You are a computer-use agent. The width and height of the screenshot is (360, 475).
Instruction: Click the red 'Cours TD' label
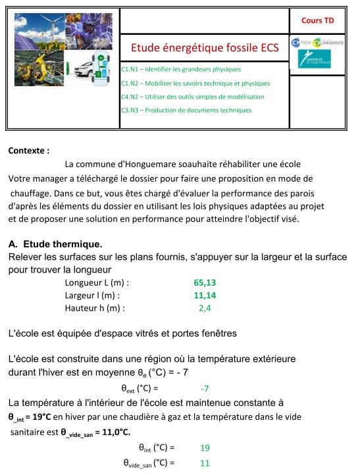317,20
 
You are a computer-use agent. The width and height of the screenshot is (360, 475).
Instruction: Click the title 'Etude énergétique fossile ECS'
205,48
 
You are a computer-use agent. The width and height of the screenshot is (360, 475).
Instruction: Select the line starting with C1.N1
181,69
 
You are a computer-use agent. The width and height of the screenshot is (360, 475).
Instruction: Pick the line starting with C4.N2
192,97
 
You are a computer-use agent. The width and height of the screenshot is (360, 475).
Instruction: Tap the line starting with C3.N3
186,111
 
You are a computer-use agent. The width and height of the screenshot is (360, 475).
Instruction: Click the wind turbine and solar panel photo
39,32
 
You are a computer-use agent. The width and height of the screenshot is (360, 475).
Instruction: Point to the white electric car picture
88,68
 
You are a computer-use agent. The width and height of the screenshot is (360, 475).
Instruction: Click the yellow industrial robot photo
39,68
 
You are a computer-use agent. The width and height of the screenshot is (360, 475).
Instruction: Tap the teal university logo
314,59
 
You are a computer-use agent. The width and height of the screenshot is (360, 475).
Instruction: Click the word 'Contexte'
26,151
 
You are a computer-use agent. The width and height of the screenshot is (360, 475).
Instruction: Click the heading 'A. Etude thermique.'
55,244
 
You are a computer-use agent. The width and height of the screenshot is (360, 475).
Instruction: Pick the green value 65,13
205,283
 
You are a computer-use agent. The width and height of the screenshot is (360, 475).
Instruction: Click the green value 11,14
205,295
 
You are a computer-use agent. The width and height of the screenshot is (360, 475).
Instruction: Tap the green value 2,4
205,309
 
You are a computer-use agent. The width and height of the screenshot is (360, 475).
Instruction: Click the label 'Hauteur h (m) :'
95,309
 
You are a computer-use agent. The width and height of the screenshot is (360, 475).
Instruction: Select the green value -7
205,389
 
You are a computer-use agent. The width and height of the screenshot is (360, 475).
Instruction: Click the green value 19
205,448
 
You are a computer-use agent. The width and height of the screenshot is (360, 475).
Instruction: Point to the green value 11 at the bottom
205,463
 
